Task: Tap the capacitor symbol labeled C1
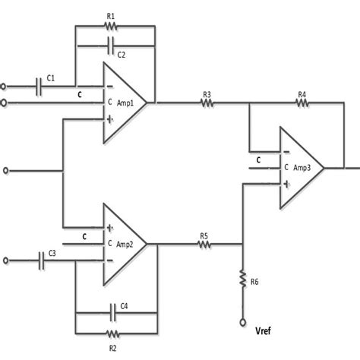40,85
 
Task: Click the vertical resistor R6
242,276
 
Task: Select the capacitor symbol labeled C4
115,313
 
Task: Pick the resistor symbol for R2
112,333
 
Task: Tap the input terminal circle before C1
6,85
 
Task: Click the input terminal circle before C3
6,261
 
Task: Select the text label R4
302,93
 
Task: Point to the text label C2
121,55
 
